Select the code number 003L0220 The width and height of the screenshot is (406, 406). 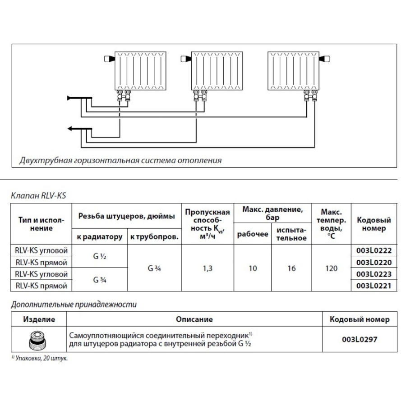coord(374,263)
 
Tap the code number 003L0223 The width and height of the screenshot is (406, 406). coord(374,274)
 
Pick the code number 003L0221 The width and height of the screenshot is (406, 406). coord(374,286)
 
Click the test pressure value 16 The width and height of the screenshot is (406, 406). coord(291,268)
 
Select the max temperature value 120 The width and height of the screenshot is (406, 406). coord(331,268)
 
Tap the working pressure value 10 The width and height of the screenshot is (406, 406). coord(253,268)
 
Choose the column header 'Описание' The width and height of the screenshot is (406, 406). coord(194,319)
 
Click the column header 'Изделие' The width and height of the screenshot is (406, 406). coord(39,319)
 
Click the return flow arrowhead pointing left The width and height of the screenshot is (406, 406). coord(71,129)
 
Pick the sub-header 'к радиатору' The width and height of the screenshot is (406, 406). coord(99,237)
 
